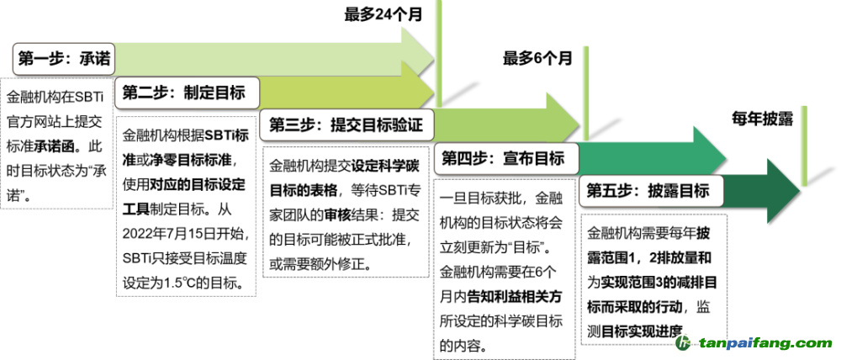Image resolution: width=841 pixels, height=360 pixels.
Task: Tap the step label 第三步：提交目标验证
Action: [345, 125]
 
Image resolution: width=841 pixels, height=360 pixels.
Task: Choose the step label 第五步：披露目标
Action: [648, 190]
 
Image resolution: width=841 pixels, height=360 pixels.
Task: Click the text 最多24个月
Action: [383, 14]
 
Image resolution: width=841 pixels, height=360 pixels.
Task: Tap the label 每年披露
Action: [763, 118]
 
